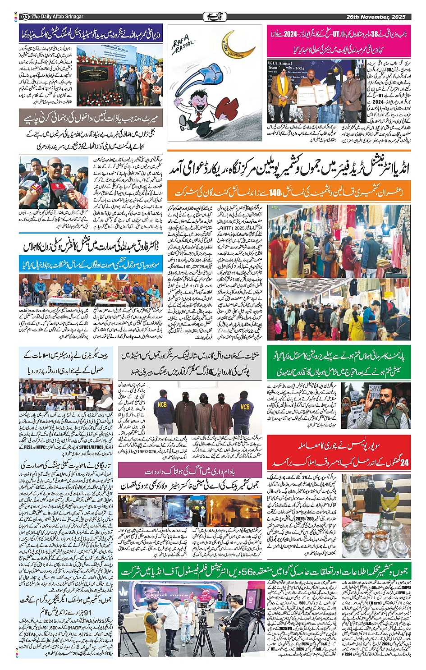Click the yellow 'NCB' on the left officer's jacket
click(162, 404)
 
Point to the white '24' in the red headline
click(405, 461)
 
